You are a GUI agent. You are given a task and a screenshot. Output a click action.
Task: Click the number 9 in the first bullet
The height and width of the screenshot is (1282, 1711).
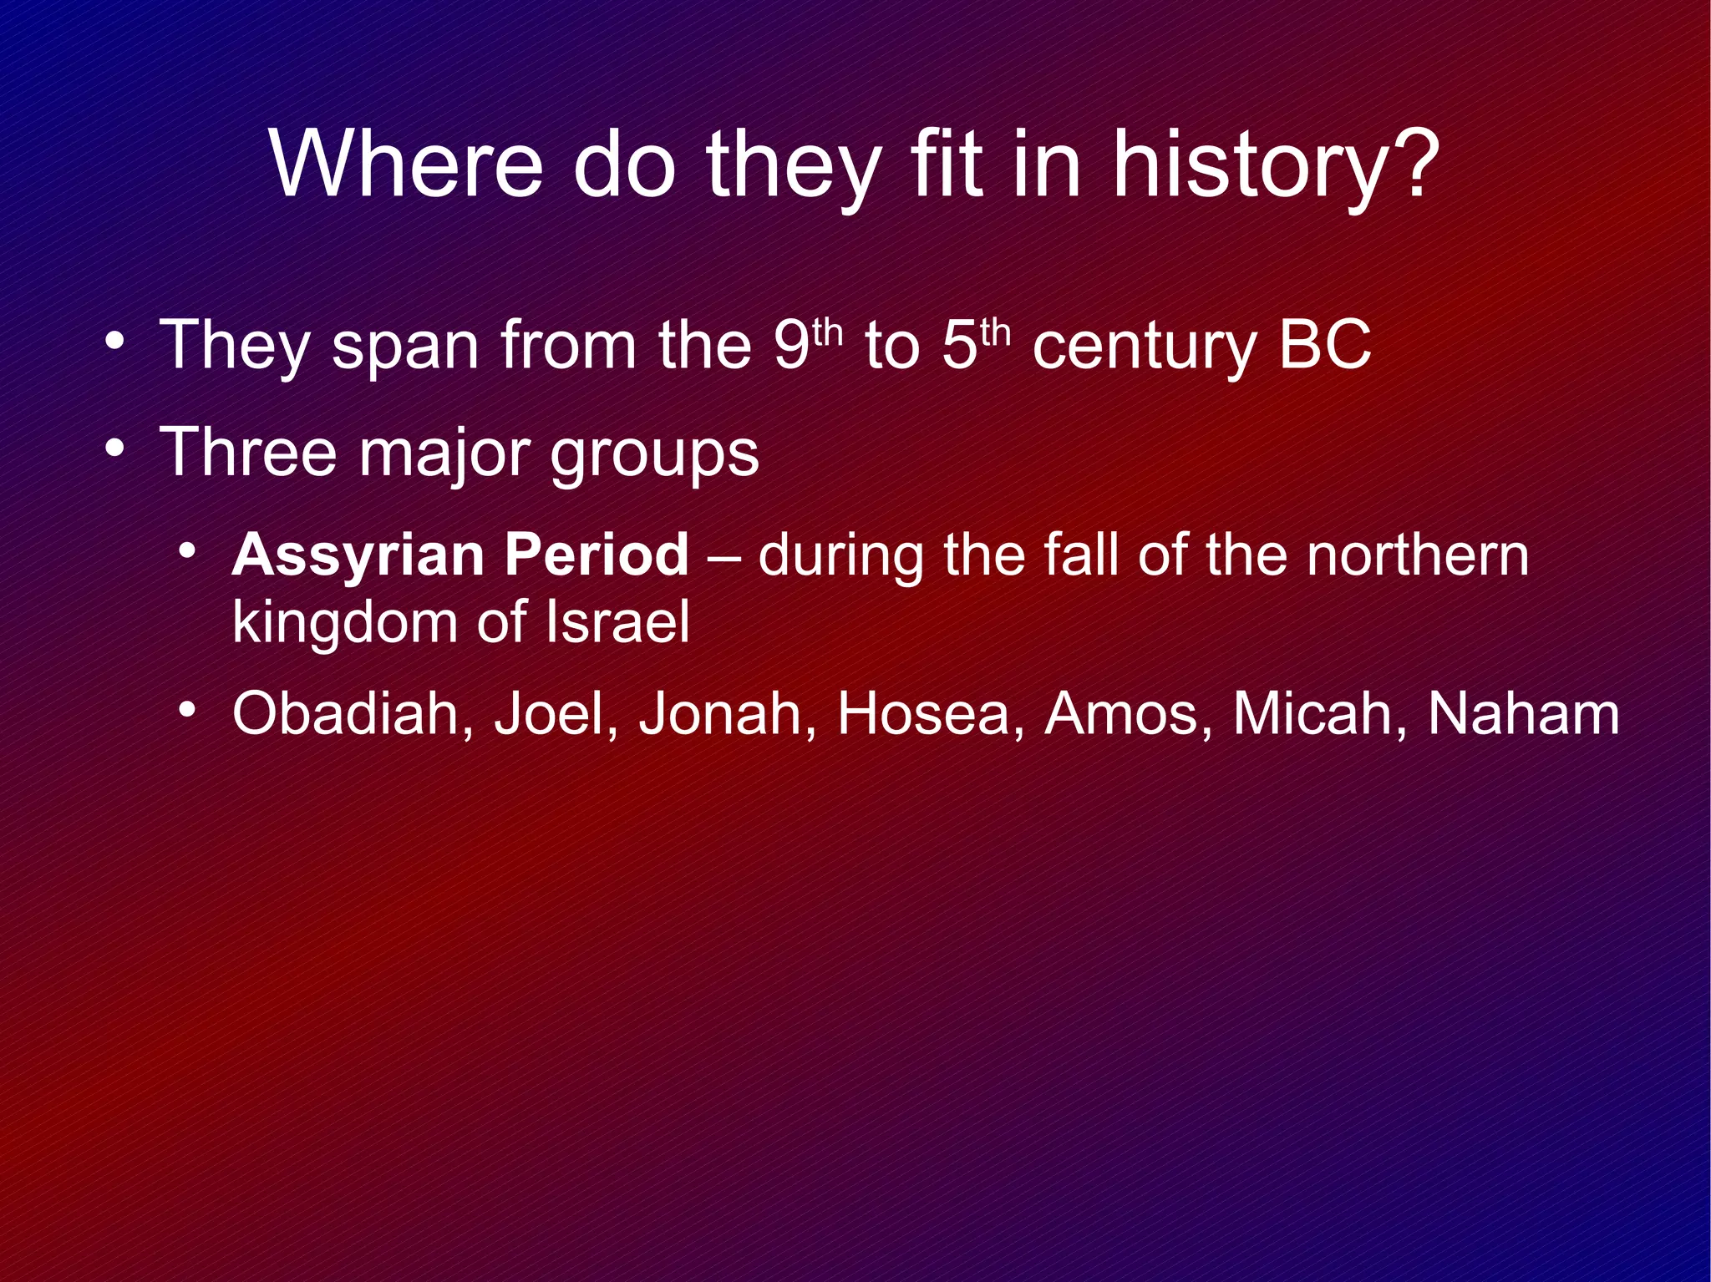790,345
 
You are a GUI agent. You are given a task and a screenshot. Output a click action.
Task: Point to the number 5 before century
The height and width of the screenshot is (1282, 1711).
960,345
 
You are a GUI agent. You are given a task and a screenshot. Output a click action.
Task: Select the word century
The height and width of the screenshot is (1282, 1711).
1143,349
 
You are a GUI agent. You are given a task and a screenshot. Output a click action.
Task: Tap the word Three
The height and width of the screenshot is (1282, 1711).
247,452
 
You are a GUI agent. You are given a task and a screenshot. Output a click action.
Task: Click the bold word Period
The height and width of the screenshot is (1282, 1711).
597,555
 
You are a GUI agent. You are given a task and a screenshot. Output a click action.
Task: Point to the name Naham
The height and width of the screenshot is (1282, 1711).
1523,714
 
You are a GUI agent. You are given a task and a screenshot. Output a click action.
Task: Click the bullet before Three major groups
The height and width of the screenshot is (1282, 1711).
116,449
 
